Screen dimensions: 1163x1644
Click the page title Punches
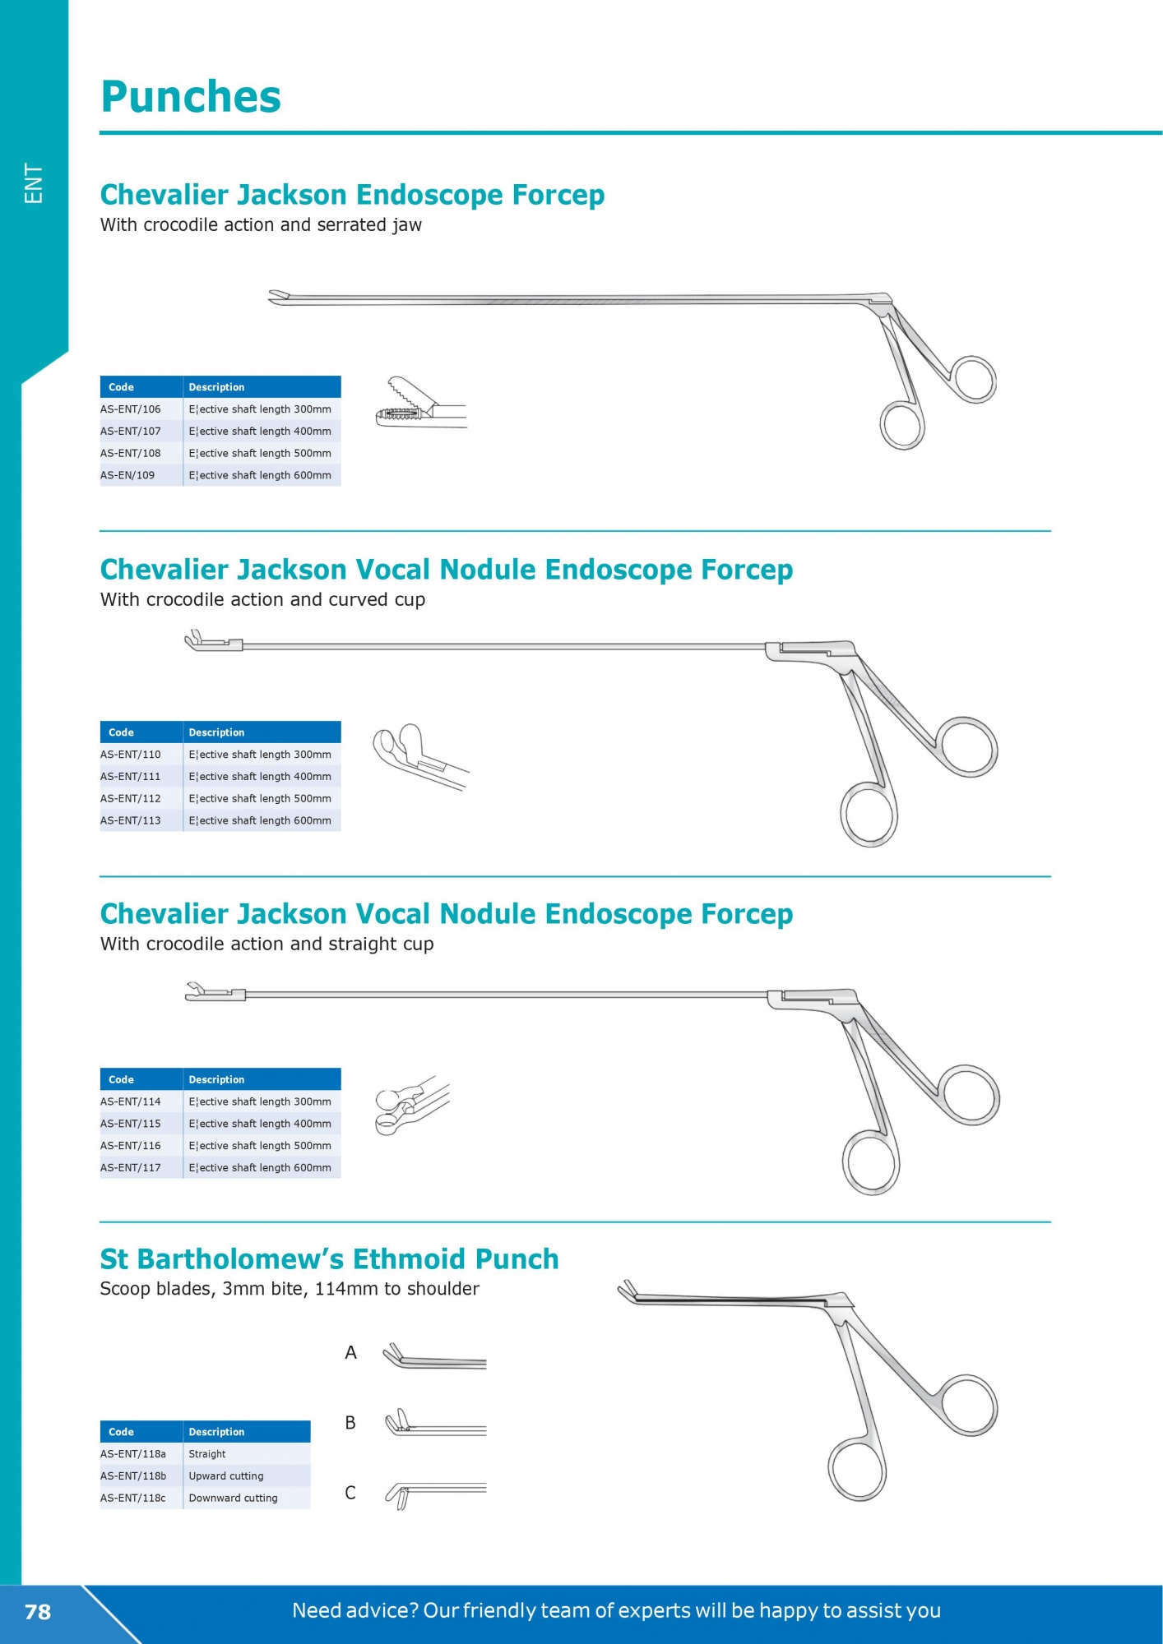[191, 97]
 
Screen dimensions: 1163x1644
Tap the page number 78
[38, 1612]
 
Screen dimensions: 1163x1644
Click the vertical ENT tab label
[34, 182]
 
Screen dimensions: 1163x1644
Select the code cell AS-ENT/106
[131, 409]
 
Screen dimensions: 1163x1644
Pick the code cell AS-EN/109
[127, 475]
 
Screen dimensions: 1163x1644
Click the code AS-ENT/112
[131, 798]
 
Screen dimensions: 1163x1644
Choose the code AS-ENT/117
[131, 1167]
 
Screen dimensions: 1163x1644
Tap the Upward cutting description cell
[226, 1475]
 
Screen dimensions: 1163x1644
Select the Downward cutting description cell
[234, 1498]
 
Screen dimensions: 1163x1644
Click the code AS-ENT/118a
[133, 1453]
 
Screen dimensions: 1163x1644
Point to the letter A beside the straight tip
[351, 1352]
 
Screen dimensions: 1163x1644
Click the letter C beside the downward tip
[350, 1493]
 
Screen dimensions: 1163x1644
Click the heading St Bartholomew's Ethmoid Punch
[329, 1258]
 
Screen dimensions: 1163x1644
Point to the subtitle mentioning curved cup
[263, 600]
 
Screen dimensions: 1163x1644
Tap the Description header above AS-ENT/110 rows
[217, 732]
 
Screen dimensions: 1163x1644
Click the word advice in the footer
[384, 1610]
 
